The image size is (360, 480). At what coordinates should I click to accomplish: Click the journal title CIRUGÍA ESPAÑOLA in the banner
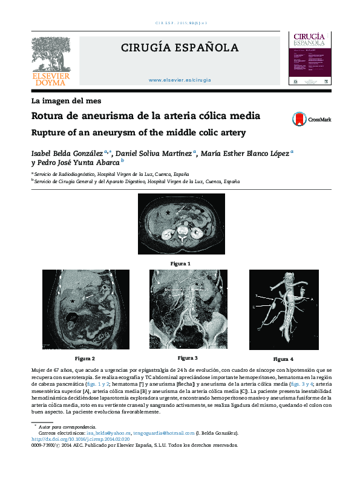point(180,48)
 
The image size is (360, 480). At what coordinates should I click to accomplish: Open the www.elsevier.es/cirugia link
point(180,80)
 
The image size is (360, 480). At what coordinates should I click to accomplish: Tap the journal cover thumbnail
point(310,58)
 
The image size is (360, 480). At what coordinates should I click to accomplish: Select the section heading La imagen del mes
point(66,100)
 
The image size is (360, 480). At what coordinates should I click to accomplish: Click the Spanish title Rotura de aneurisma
point(137,115)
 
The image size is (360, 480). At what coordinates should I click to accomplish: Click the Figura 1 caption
point(180,264)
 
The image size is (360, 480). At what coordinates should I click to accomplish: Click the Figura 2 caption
point(85,358)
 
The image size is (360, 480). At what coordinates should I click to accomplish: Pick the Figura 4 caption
point(283,359)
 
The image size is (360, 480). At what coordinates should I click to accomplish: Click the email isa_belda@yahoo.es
point(108,433)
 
